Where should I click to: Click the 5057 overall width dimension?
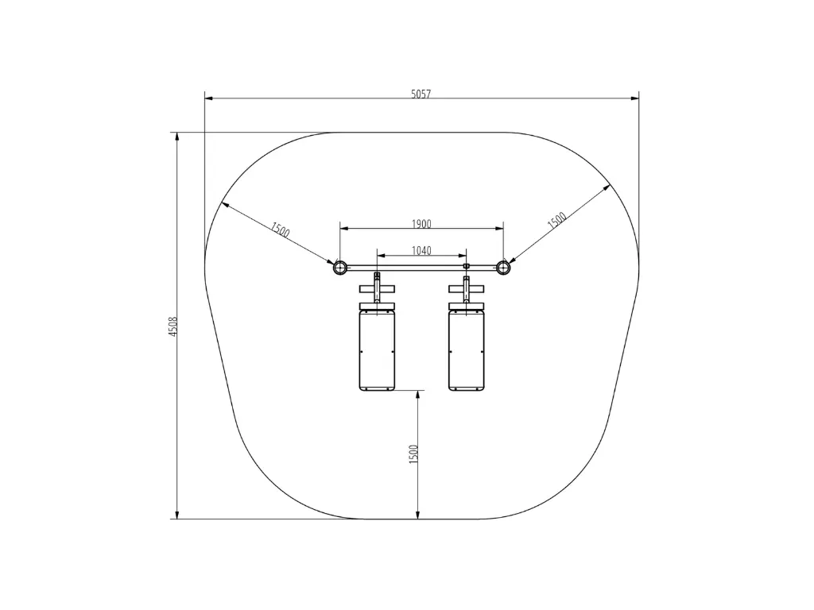click(421, 94)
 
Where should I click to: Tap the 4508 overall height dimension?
click(173, 326)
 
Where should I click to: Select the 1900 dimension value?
click(421, 224)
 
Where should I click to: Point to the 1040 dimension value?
click(421, 251)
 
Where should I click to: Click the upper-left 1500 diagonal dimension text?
click(280, 230)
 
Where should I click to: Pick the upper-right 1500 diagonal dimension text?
click(557, 220)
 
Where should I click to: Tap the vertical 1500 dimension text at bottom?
click(413, 454)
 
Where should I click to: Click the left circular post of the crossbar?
click(340, 268)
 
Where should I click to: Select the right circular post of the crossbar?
click(503, 268)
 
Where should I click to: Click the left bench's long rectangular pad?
click(378, 350)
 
